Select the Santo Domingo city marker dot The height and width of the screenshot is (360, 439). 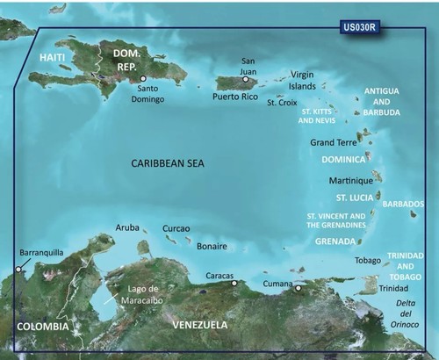click(x=143, y=79)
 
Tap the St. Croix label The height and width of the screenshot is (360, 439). click(x=283, y=103)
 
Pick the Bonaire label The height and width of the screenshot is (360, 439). click(x=212, y=246)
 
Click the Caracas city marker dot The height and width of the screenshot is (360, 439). click(x=234, y=283)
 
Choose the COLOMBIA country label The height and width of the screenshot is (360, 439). click(x=41, y=327)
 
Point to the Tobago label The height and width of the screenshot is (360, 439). click(x=367, y=261)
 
